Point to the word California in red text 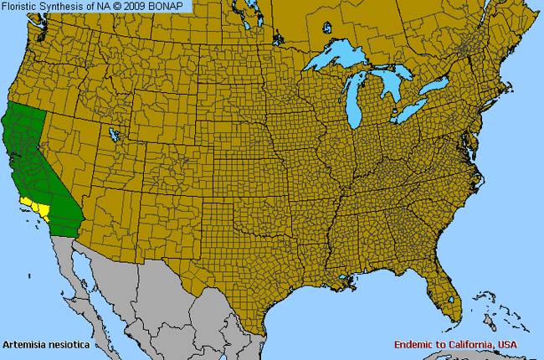coord(474,344)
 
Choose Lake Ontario coord(438,87)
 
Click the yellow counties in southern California coord(36,206)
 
